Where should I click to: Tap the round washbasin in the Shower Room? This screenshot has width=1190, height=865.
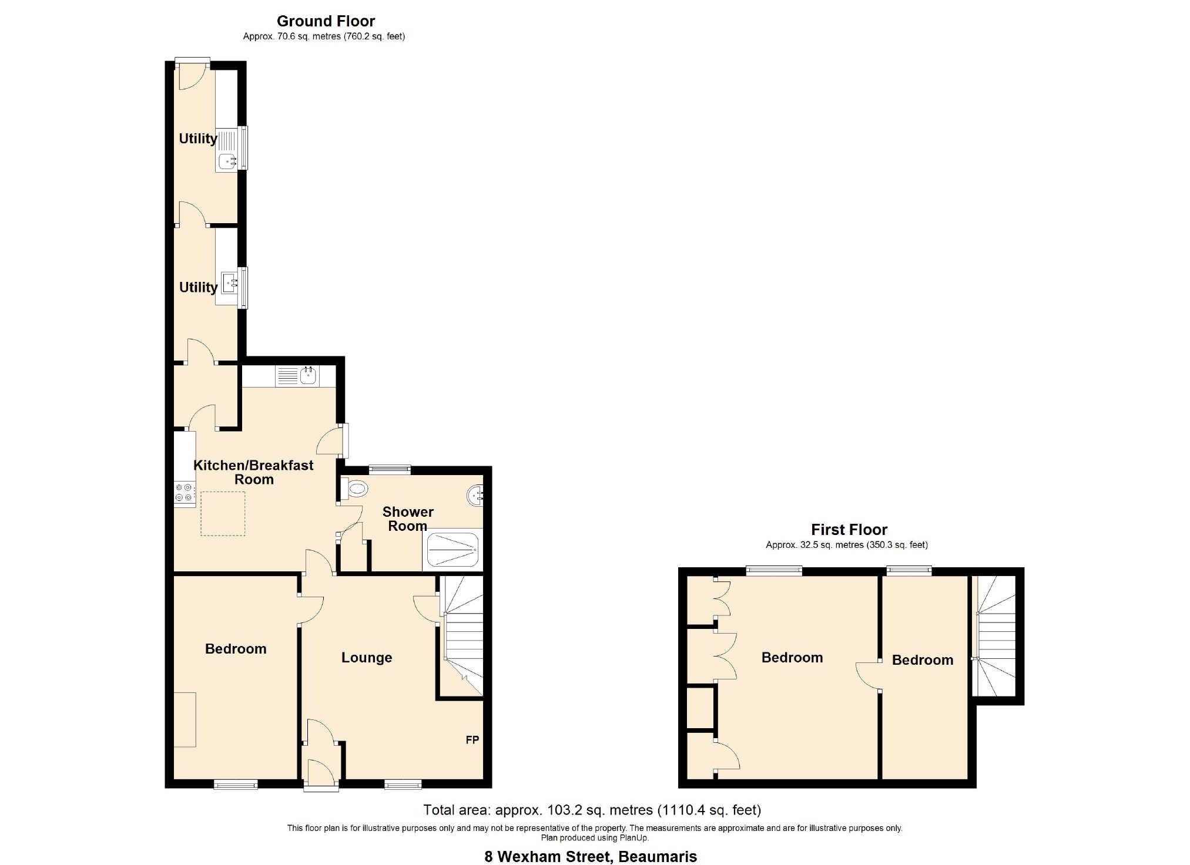pos(475,496)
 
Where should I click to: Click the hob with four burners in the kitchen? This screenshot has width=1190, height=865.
pos(184,492)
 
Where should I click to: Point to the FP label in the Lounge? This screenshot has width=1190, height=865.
pos(472,740)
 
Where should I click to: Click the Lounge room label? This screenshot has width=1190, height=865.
pos(367,658)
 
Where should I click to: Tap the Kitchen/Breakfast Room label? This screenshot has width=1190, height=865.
pos(254,472)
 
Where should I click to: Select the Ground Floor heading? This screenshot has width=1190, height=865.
pos(326,21)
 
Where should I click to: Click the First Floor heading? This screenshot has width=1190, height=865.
pos(849,530)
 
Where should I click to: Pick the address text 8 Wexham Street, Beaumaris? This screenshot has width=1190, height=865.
pos(591,857)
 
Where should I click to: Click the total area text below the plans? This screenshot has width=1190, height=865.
pos(592,810)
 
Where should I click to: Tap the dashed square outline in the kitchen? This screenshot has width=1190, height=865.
pos(223,514)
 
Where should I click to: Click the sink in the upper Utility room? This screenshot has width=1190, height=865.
pos(227,161)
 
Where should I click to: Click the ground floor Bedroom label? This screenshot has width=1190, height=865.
pos(236,649)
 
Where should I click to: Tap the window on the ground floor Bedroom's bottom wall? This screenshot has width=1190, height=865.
pos(236,784)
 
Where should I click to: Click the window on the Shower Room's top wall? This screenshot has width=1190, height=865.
pos(390,469)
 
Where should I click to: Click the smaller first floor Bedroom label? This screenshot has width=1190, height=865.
pos(923,660)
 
